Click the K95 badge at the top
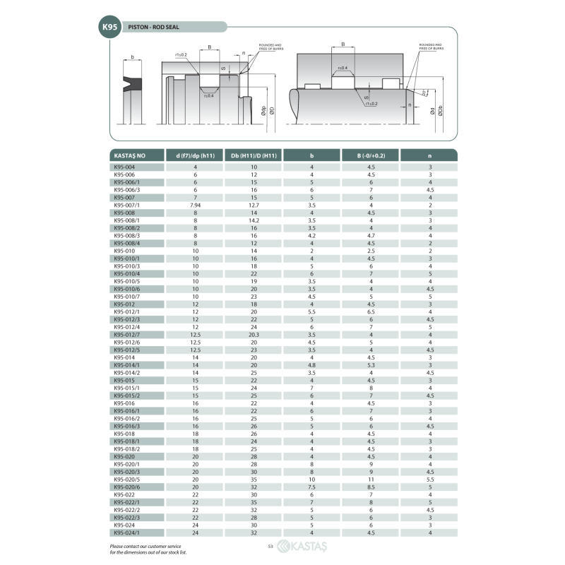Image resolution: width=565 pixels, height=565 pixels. [109, 27]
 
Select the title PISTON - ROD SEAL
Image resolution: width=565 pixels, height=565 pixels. [153, 28]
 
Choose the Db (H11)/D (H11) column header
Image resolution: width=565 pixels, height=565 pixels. [254, 155]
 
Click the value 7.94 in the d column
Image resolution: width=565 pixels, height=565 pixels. [195, 206]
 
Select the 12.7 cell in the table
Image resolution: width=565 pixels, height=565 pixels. [254, 206]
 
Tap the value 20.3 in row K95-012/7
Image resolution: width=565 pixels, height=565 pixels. [254, 335]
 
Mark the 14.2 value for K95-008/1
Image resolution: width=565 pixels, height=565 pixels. [254, 220]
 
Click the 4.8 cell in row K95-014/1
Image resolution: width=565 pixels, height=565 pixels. [311, 365]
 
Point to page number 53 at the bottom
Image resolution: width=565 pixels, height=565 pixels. [270, 547]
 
